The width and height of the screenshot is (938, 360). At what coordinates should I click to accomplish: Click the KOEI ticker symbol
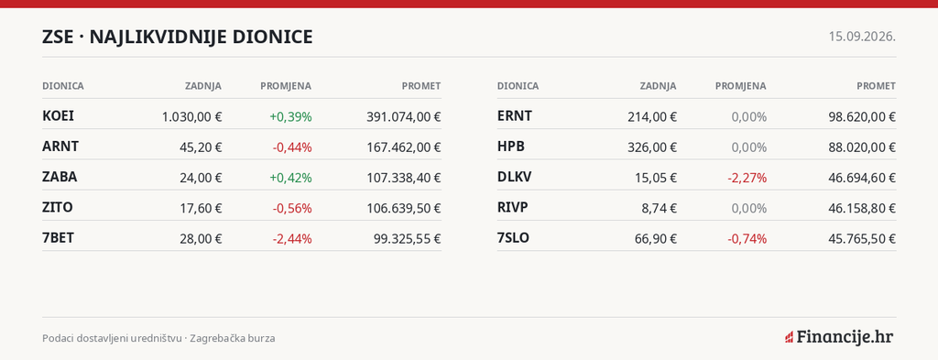[x=58, y=116]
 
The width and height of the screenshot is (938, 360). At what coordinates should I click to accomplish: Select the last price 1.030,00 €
[x=191, y=117]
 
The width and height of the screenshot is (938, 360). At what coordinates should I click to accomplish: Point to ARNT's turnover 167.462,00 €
[x=404, y=147]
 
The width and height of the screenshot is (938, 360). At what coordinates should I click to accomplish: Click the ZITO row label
[x=58, y=208]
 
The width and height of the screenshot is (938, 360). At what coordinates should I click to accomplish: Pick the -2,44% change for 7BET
[x=292, y=239]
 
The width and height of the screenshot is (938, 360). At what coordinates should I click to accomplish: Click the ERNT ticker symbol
[x=515, y=116]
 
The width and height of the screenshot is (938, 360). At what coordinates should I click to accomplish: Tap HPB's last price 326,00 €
[x=652, y=147]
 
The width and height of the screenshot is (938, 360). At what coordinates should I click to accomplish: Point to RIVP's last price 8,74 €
[x=660, y=209]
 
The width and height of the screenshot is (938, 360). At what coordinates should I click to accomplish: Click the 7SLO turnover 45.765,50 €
[x=862, y=239]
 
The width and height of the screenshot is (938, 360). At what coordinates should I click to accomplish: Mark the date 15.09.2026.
[x=862, y=37]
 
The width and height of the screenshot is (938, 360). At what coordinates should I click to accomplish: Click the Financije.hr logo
[x=839, y=337]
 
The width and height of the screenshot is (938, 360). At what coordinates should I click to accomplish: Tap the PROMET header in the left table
[x=421, y=86]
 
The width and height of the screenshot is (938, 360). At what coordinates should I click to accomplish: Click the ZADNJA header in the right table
[x=658, y=86]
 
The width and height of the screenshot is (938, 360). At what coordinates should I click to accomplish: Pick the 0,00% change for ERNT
[x=749, y=117]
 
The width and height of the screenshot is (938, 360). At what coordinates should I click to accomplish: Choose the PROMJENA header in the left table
[x=286, y=86]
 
